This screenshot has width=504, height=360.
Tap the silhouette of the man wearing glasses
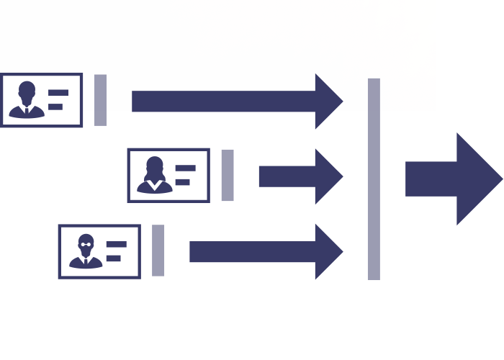(86, 253)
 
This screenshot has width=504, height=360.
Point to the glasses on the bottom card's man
(86, 243)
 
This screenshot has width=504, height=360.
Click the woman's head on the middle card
(155, 166)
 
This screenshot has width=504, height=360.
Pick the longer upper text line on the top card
(58, 93)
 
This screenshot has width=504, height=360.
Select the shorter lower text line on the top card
(55, 107)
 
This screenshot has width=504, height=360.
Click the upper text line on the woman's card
(186, 168)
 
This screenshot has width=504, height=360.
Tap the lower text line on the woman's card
(183, 182)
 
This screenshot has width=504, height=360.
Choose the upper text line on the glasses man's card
(117, 244)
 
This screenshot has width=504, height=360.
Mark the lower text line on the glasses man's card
(114, 258)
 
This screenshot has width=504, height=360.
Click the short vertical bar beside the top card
(101, 100)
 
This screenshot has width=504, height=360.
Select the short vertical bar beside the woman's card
(228, 175)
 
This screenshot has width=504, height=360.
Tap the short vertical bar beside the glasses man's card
(158, 251)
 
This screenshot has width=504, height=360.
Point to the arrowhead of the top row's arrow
(328, 102)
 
